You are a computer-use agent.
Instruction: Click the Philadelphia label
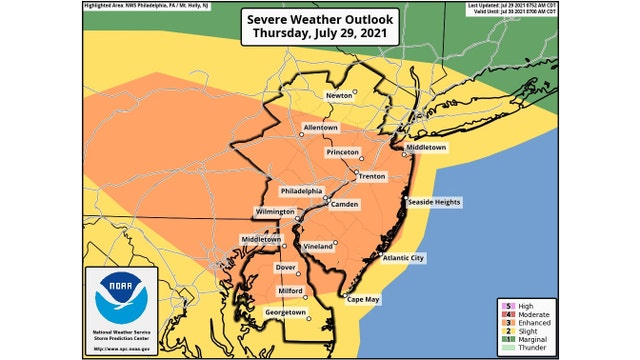[x=302, y=190]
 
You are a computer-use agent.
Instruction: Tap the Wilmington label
[x=273, y=213]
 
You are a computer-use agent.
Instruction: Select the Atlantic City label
[x=403, y=258]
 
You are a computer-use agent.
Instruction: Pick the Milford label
[x=290, y=290]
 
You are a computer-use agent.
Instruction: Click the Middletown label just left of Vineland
[x=260, y=239]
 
